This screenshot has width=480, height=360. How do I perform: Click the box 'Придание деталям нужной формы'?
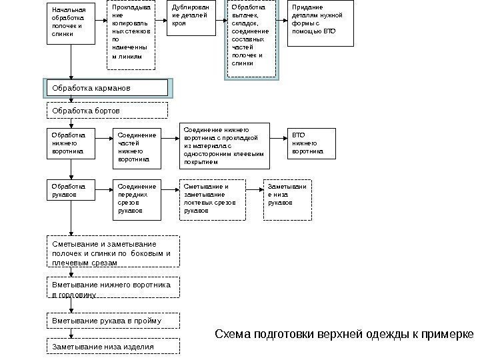coord(320,24)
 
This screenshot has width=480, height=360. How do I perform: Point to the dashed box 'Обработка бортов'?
coord(113,109)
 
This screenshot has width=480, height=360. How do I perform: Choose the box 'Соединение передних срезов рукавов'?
coord(137,199)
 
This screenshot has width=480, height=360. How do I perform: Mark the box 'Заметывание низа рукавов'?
coord(288,199)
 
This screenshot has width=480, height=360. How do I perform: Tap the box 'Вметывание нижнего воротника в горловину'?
coord(113,289)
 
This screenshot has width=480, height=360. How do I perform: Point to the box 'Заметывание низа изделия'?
coord(113,347)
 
